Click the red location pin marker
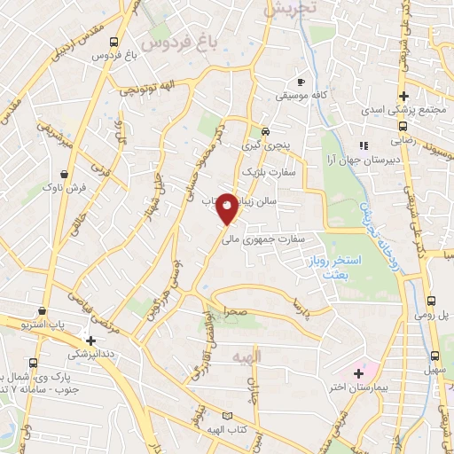pos(227,207)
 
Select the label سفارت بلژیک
pos(267,169)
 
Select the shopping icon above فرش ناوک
pos(66,173)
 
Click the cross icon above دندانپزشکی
pos(90,339)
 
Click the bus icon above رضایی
pos(397,126)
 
